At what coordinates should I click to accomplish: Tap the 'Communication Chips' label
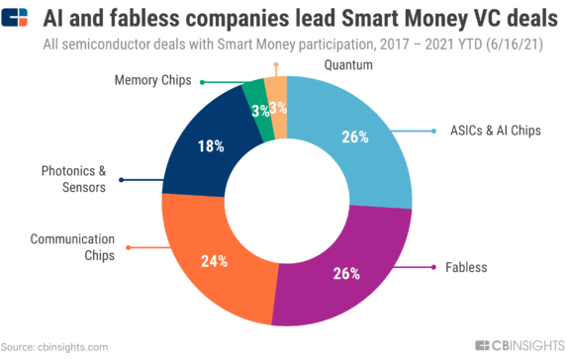(x=73, y=246)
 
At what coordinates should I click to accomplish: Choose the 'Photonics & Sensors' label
(x=73, y=179)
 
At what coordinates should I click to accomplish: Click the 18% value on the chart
(x=210, y=146)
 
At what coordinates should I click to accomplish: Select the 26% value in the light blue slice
(x=354, y=135)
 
